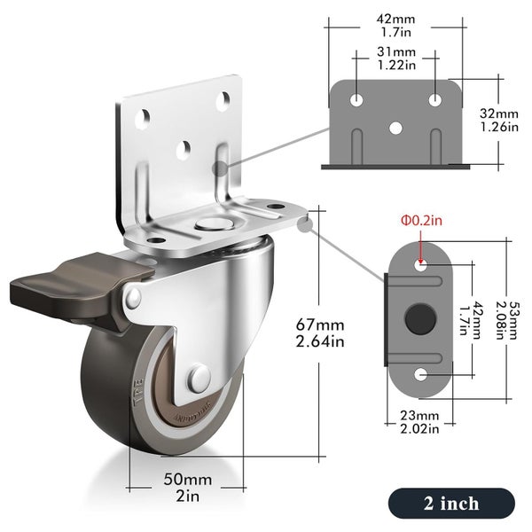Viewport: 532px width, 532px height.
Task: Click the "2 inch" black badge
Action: (x=451, y=503)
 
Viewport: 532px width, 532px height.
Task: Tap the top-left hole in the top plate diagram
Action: (x=356, y=98)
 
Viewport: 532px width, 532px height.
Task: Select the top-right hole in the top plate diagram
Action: (x=434, y=98)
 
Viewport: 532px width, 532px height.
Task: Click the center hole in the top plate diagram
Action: (x=395, y=127)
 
